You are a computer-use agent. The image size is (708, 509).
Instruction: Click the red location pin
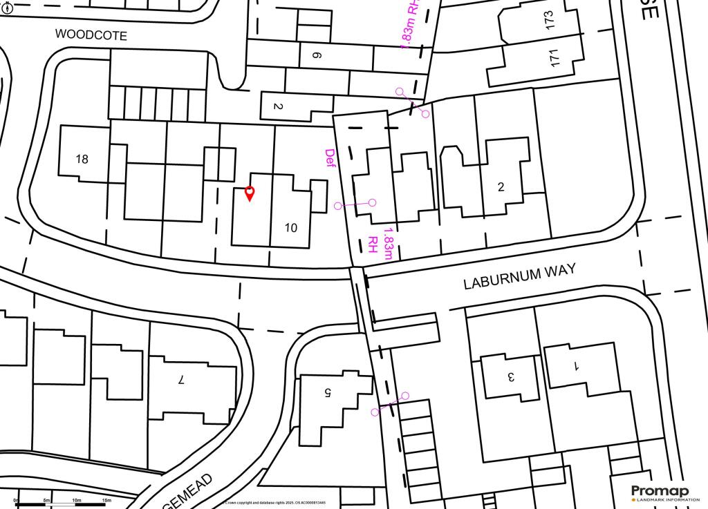coord(250,193)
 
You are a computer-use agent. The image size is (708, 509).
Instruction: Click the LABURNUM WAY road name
coord(519,277)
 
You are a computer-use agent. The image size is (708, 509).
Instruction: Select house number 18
coord(82,159)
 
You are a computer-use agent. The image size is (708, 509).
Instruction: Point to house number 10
coord(291,227)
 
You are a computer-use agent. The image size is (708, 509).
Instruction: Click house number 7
coord(182,379)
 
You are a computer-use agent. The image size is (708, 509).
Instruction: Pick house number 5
coord(328,392)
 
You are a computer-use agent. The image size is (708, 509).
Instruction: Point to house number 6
coord(317,55)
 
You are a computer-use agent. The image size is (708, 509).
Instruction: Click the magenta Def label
coord(330,157)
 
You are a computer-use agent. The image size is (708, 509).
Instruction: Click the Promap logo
coord(660,492)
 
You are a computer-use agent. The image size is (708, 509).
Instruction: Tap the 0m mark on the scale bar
coord(17,499)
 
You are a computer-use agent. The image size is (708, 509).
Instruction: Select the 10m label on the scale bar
coord(76,499)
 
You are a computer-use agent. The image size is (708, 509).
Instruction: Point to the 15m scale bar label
coord(106,499)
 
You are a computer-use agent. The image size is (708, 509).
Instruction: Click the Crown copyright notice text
coord(275,503)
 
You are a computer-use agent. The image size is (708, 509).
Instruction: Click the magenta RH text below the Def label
coord(373,243)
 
